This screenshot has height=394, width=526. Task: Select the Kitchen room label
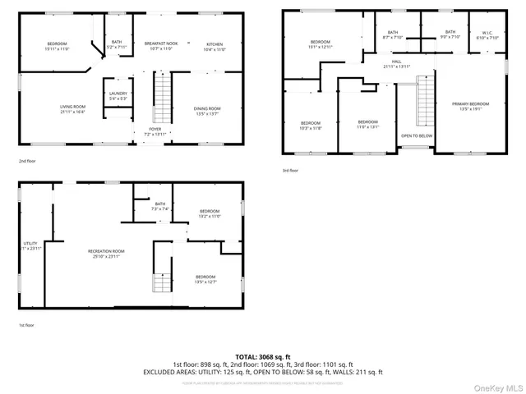coord(214,45)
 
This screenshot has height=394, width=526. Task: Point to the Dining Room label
coord(206,111)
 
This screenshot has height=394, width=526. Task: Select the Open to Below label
coord(416,135)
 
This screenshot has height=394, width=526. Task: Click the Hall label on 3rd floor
coord(396,63)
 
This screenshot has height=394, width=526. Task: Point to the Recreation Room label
coord(106,253)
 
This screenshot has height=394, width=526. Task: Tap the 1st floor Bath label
coord(159,206)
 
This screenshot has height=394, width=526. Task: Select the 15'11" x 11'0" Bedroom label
coord(57,45)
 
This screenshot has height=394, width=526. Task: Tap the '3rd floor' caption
coord(290,171)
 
